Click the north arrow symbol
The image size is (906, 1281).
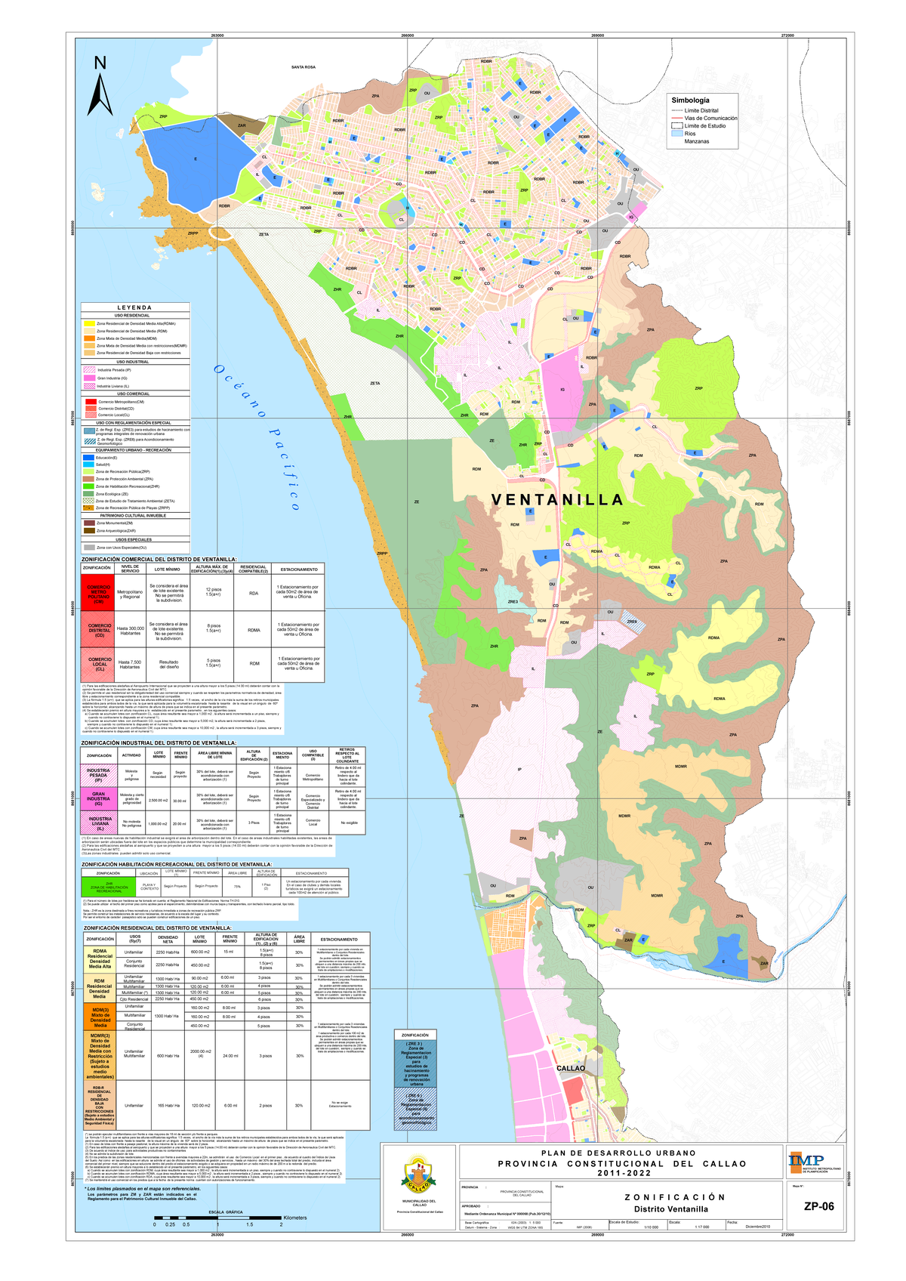(100, 87)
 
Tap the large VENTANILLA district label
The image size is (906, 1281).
(557, 500)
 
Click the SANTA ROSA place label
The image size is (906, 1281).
(304, 67)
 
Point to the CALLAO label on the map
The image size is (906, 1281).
(571, 1068)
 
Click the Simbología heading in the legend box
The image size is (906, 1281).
(690, 100)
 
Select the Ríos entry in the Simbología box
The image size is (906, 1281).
(690, 134)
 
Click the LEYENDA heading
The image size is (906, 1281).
(134, 307)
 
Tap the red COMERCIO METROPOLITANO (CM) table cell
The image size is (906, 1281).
(98, 594)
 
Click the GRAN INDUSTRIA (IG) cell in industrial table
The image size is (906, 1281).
(98, 798)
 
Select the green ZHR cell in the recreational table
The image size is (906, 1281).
(109, 886)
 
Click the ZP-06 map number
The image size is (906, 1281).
(818, 1206)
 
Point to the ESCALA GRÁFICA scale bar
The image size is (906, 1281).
(217, 1218)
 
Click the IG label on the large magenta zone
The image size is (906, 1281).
(562, 390)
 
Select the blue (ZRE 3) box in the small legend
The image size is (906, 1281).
(415, 1063)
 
